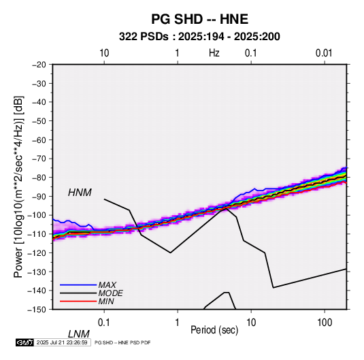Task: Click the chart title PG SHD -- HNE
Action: [199, 19]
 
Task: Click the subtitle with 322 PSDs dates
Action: [199, 37]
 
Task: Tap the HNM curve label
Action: [80, 193]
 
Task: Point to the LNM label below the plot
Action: [79, 334]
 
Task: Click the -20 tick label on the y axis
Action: [39, 65]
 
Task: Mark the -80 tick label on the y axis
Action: [39, 178]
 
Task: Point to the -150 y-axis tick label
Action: [37, 310]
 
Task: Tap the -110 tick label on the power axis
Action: [37, 234]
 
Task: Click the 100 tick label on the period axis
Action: [325, 323]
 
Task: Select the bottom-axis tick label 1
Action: [178, 323]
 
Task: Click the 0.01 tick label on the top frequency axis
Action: [324, 53]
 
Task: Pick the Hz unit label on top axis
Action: [214, 53]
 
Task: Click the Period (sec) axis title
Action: [214, 330]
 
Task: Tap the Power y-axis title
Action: [18, 186]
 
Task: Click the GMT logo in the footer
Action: [24, 342]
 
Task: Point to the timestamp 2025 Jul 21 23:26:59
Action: [62, 342]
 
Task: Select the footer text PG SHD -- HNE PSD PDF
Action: [122, 342]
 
